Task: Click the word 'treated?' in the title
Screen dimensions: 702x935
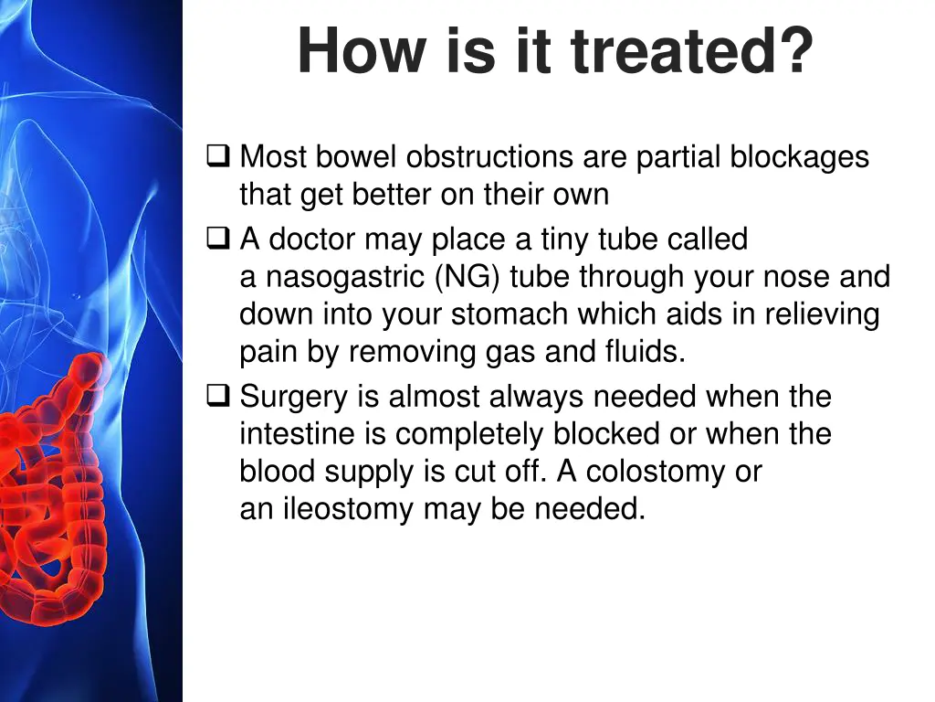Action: (691, 51)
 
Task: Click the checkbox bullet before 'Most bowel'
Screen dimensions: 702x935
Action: (218, 156)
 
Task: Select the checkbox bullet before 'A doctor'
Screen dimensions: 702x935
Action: (218, 239)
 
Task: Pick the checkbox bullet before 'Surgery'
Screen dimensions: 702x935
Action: (218, 397)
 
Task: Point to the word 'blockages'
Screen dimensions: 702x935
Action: (799, 157)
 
